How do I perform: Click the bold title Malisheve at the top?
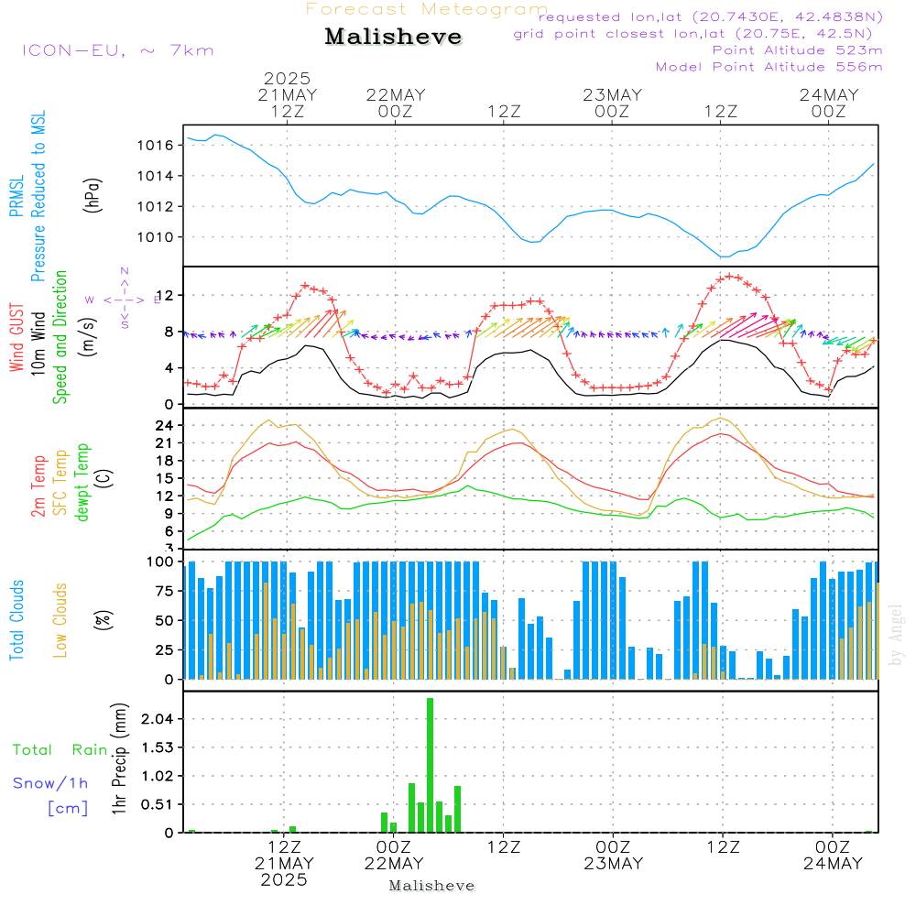tap(393, 38)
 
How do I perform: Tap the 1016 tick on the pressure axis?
tap(158, 145)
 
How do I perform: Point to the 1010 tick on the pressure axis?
tap(158, 237)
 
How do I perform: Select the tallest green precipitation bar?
tap(430, 765)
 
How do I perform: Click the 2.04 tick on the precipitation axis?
tap(158, 719)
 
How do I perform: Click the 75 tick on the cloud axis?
tap(165, 591)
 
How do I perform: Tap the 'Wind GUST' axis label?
tap(16, 340)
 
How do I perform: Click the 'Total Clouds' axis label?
tap(16, 620)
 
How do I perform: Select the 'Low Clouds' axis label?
tap(60, 620)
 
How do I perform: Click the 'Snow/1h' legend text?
tap(50, 784)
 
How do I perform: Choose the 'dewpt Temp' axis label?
tap(82, 483)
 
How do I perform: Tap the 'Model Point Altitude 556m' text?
tap(769, 67)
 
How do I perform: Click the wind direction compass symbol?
tap(125, 299)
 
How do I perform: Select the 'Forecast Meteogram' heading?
tap(427, 10)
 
